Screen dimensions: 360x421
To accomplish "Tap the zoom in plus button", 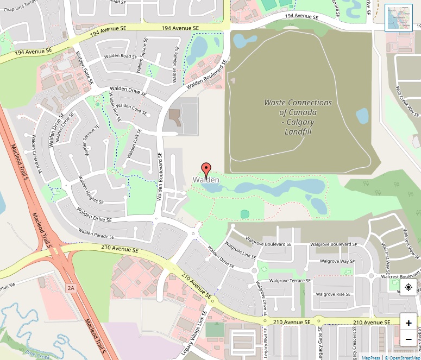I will pyautogui.click(x=409, y=323).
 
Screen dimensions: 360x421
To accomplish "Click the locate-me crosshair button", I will pyautogui.click(x=409, y=287).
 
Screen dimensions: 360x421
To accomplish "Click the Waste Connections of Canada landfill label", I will pyautogui.click(x=298, y=117).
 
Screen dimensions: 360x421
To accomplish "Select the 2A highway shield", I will pyautogui.click(x=71, y=288).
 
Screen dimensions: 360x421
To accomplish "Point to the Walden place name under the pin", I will pyautogui.click(x=206, y=180).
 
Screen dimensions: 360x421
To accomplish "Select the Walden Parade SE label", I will pyautogui.click(x=96, y=234).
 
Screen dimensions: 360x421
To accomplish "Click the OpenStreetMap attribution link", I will pyautogui.click(x=402, y=357).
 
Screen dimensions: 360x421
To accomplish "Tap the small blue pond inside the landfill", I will pyautogui.click(x=362, y=116).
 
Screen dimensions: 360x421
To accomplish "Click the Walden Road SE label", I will pyautogui.click(x=121, y=56).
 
